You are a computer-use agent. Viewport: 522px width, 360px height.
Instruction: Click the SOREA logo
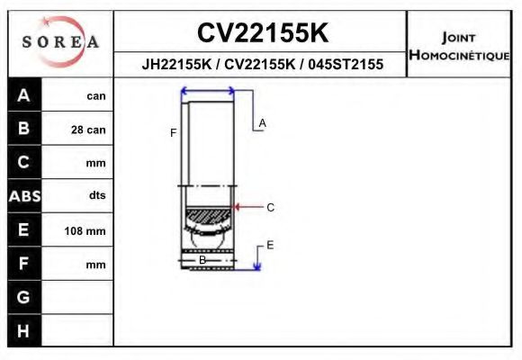[x=60, y=42]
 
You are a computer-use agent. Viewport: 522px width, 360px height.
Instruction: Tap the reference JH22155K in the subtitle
[x=176, y=65]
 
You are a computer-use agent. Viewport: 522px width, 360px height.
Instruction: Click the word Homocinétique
[x=459, y=55]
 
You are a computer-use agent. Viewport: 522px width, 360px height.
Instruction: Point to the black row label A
[x=24, y=95]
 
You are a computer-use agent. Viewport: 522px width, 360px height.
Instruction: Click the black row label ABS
[x=24, y=196]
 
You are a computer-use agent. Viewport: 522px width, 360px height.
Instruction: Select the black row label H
[x=24, y=331]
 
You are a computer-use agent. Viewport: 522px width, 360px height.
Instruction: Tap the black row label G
[x=24, y=297]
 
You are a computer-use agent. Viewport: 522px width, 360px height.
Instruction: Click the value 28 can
[x=88, y=130]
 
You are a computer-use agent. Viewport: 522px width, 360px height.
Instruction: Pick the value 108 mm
[x=85, y=231]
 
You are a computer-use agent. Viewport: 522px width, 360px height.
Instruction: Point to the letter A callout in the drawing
[x=263, y=122]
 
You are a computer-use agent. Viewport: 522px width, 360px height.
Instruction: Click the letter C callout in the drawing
[x=270, y=207]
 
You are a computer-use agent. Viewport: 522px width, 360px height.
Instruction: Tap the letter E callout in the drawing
[x=270, y=245]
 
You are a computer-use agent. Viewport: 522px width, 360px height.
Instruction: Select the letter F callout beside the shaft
[x=173, y=133]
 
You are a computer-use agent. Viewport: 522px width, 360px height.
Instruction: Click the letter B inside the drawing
[x=202, y=260]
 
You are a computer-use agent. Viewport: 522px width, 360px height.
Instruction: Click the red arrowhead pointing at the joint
[x=238, y=207]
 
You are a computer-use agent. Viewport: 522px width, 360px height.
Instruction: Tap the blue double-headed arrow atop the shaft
[x=208, y=90]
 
